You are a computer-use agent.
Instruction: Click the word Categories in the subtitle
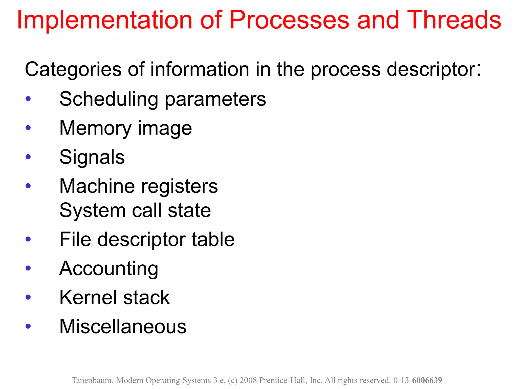tap(73, 69)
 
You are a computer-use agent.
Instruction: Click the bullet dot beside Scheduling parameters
tap(28, 99)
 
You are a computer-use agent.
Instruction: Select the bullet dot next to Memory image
tap(28, 128)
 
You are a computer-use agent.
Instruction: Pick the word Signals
tap(92, 157)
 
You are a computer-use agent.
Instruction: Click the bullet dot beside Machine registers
tap(28, 186)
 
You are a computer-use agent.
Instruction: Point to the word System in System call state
tap(93, 210)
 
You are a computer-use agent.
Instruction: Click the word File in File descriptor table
tap(75, 239)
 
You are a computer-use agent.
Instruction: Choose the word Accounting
tap(109, 269)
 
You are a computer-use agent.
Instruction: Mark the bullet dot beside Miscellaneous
tap(28, 326)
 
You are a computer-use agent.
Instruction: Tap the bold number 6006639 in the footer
tap(427, 380)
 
